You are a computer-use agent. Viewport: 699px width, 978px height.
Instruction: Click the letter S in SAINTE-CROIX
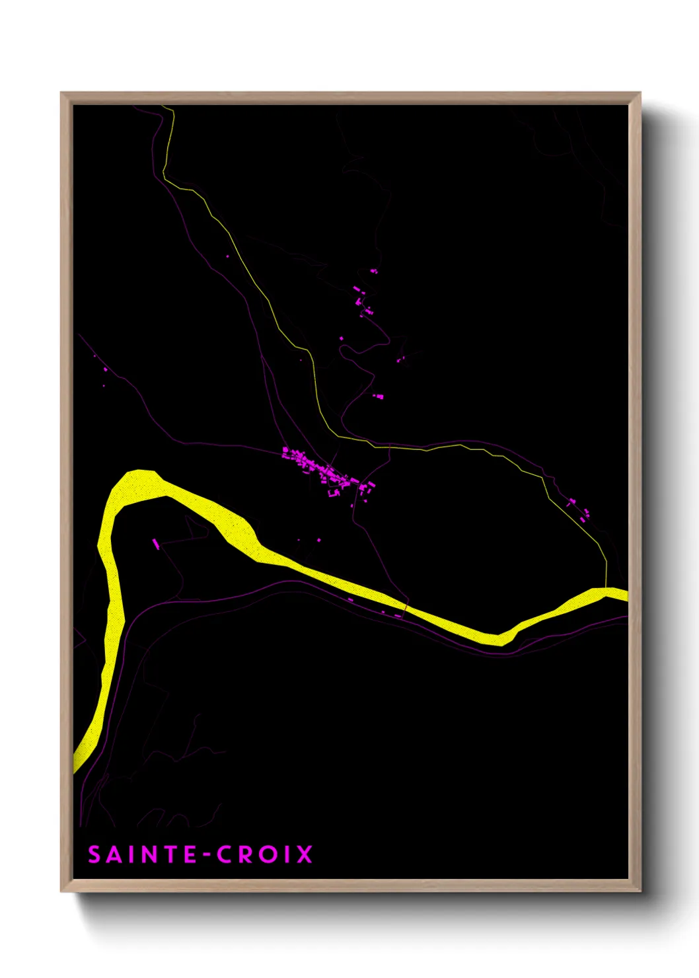[x=94, y=854]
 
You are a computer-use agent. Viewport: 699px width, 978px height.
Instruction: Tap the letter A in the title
[x=115, y=854]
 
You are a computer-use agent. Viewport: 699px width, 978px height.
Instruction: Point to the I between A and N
[x=131, y=854]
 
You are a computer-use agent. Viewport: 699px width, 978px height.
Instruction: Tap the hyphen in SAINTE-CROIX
[x=206, y=855]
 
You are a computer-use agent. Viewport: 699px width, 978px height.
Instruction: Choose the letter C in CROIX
[x=225, y=854]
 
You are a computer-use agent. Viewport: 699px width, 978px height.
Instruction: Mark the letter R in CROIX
[x=246, y=854]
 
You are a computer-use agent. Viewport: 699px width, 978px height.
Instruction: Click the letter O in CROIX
[x=268, y=854]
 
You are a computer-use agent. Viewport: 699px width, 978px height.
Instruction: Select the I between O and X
[x=287, y=854]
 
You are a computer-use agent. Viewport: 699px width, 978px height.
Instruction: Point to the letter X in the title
[x=304, y=854]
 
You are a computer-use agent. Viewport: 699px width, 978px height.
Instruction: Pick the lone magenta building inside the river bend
[x=156, y=544]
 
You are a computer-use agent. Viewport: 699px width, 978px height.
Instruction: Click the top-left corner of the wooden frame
[x=62, y=94]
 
